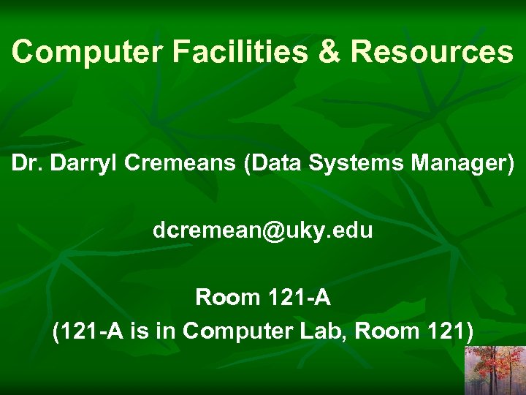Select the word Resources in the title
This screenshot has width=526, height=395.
tap(432, 52)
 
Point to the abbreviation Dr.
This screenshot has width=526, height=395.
tap(24, 164)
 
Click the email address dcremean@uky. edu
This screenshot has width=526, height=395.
tap(263, 230)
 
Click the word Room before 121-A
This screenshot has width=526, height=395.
tap(227, 298)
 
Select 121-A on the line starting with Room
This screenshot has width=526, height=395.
tap(299, 298)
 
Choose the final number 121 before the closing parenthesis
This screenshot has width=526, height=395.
tap(445, 331)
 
